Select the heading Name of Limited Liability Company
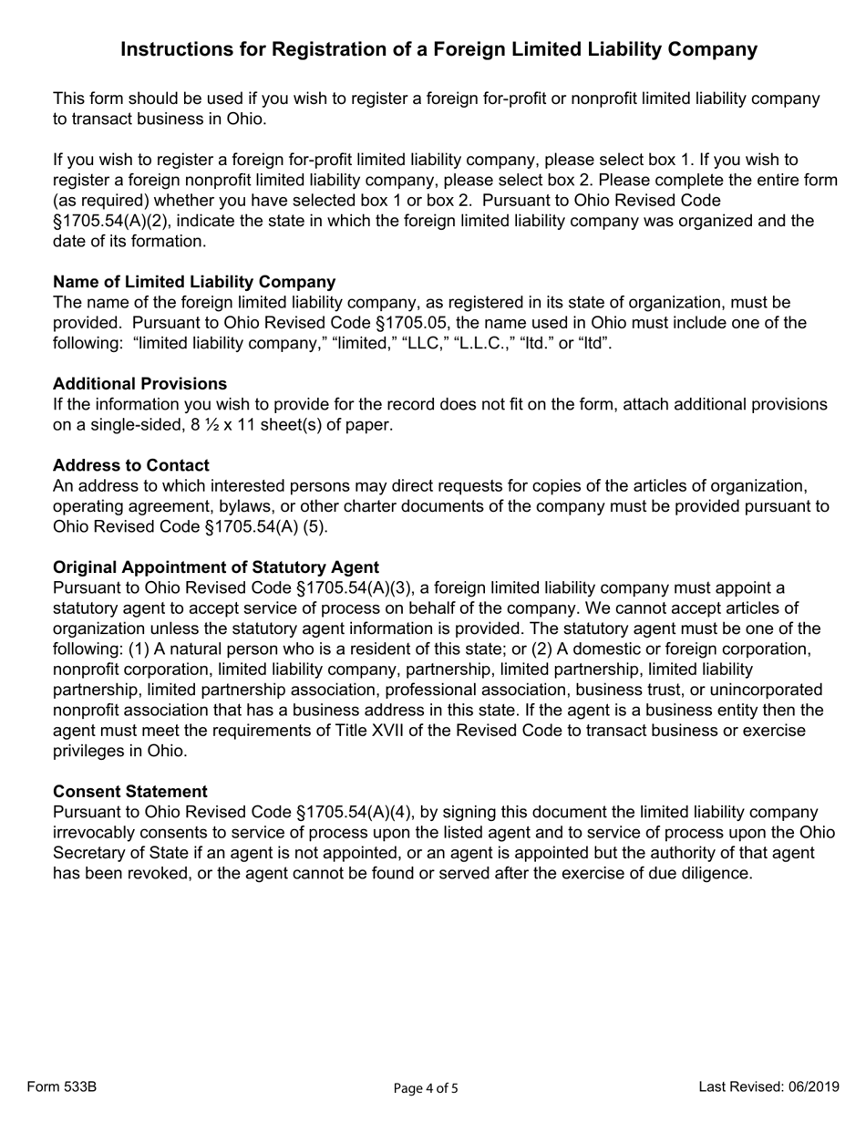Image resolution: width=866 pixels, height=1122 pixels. click(x=194, y=282)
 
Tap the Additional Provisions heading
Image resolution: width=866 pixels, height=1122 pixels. click(x=139, y=383)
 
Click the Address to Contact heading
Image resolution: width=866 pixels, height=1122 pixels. click(x=130, y=465)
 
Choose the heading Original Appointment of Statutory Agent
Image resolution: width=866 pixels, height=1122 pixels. click(x=216, y=566)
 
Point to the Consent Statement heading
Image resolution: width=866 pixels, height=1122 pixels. click(x=129, y=791)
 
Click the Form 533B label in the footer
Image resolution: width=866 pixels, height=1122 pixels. click(x=62, y=1086)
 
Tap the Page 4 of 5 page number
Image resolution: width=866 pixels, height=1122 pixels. click(x=426, y=1087)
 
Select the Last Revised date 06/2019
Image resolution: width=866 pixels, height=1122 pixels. click(x=813, y=1086)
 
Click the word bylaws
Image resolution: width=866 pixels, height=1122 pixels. click(x=242, y=506)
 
